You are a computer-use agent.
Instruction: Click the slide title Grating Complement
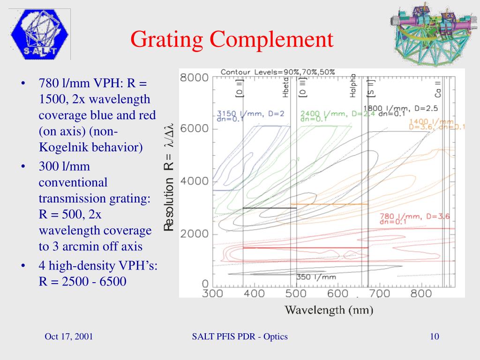click(232, 39)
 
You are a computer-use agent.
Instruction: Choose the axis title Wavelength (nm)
click(329, 310)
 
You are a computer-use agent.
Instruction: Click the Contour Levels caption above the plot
click(277, 72)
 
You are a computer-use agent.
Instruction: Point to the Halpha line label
click(353, 86)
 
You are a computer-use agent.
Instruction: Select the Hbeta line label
click(286, 88)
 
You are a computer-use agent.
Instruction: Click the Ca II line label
click(438, 89)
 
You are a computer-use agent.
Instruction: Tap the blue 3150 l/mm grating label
click(251, 113)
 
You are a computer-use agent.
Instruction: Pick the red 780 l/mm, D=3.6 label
click(414, 217)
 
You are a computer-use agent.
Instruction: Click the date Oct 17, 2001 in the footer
click(69, 337)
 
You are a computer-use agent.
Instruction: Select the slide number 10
click(434, 337)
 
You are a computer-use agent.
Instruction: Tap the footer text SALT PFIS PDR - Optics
click(240, 337)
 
